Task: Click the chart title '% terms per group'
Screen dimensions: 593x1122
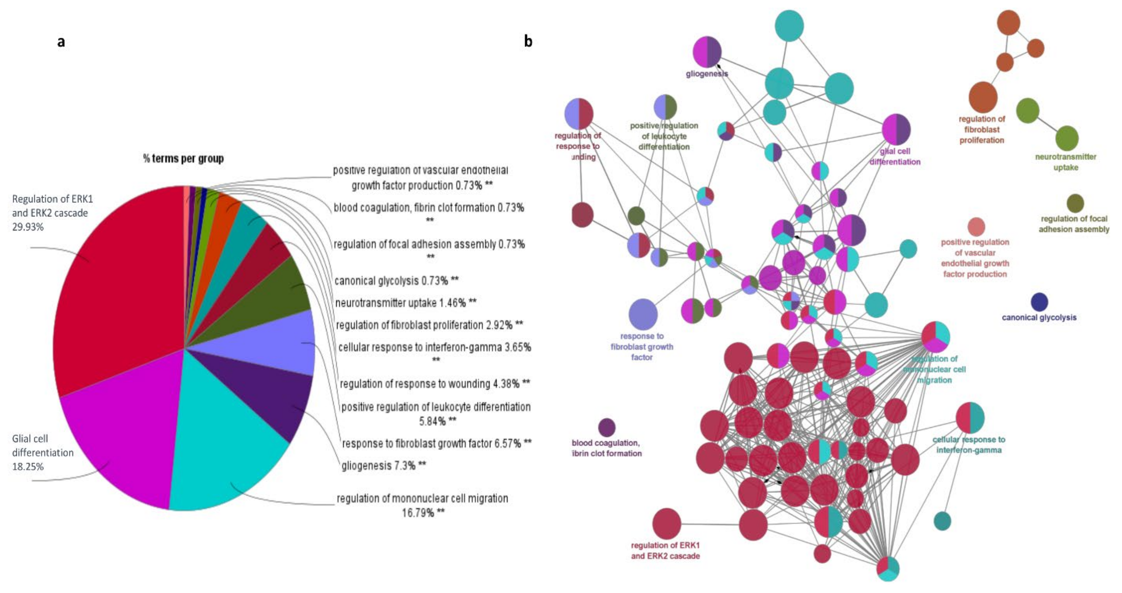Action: point(183,159)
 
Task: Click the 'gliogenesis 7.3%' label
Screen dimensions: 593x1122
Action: point(383,466)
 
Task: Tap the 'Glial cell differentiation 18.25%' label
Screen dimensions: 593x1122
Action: point(43,452)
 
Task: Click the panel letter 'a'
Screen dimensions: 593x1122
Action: point(61,42)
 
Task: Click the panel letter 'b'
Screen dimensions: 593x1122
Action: point(528,42)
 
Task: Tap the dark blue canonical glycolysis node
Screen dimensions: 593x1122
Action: point(1039,302)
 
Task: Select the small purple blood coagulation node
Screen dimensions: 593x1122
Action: point(607,428)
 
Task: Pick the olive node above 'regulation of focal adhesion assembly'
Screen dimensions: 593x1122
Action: point(1075,203)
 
